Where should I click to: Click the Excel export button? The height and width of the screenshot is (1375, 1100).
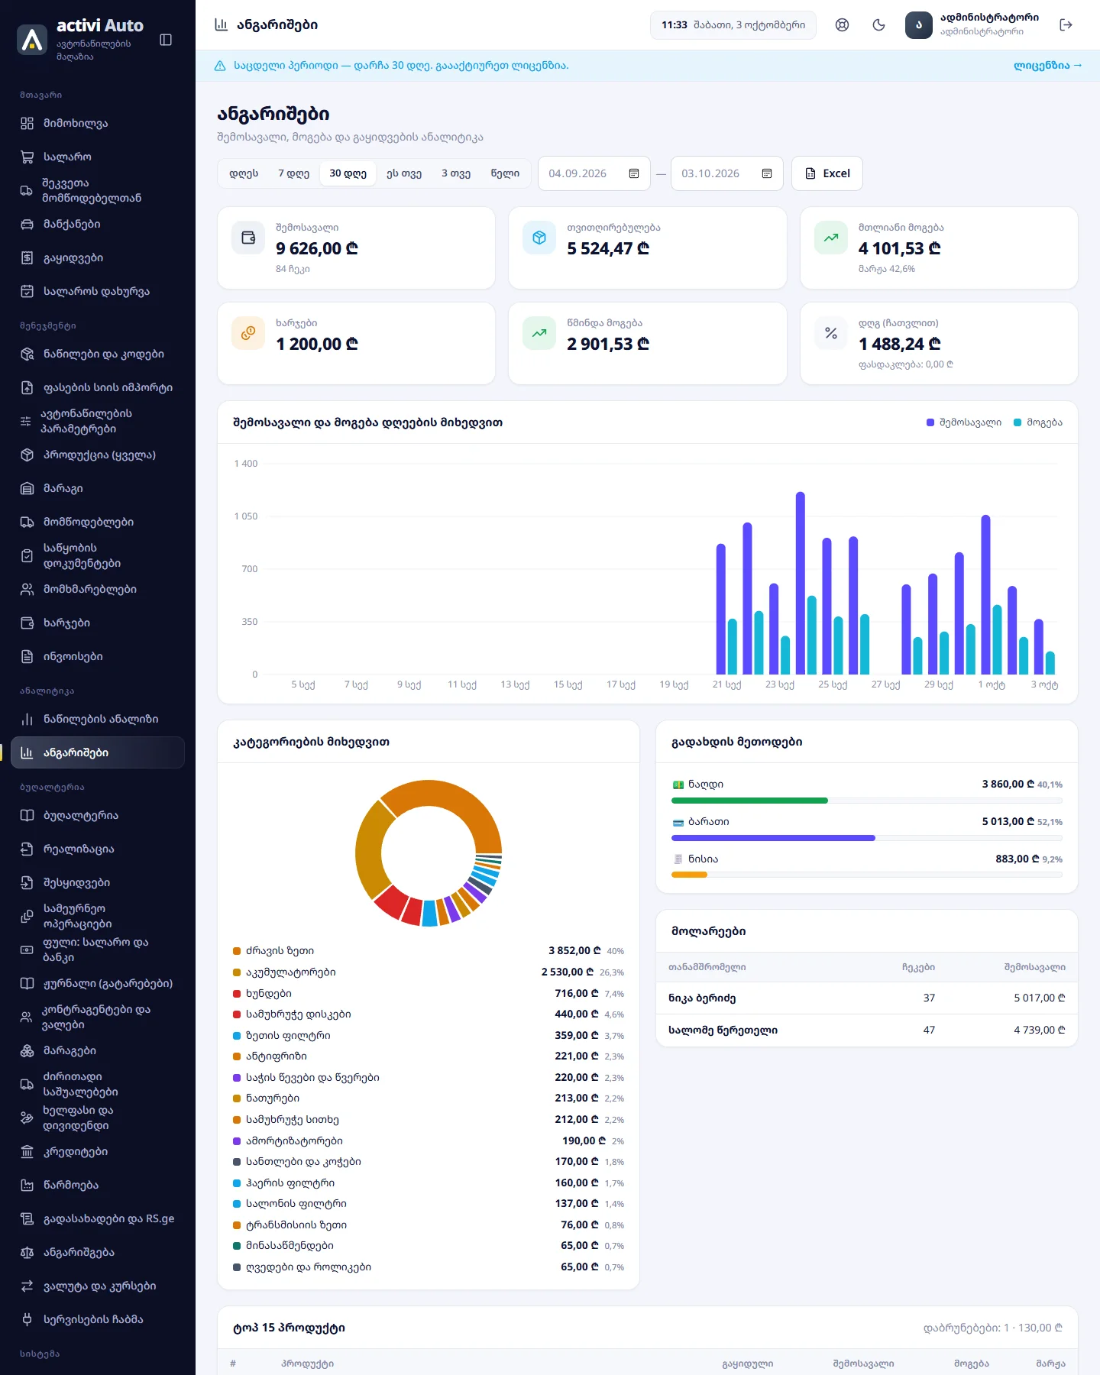click(x=827, y=173)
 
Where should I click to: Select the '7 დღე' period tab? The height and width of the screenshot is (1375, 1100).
click(x=293, y=173)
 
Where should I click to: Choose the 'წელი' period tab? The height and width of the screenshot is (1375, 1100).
click(x=505, y=173)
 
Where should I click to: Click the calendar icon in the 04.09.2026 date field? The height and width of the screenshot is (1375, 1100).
click(x=634, y=173)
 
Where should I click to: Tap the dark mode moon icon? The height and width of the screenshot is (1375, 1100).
click(x=878, y=25)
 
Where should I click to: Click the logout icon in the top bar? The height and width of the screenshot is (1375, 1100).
click(x=1066, y=25)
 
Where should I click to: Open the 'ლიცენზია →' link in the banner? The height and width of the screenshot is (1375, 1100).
click(x=1047, y=66)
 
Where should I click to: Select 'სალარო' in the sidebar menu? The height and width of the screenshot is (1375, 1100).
click(x=67, y=157)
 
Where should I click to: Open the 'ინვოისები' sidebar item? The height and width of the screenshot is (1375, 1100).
click(x=73, y=656)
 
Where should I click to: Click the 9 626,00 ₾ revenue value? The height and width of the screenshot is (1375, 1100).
click(x=317, y=248)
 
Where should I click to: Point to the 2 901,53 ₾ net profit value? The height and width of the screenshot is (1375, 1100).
click(x=608, y=344)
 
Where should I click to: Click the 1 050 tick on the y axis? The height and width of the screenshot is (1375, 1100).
click(x=246, y=516)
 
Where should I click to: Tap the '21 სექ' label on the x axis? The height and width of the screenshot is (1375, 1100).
click(x=726, y=684)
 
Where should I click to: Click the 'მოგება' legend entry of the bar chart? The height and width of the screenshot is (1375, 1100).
click(x=1038, y=422)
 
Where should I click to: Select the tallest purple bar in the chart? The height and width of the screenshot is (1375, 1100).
click(x=801, y=583)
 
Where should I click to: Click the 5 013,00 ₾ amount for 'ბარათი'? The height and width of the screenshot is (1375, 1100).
click(x=1008, y=821)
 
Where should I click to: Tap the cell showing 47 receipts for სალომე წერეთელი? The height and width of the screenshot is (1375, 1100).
click(x=929, y=1030)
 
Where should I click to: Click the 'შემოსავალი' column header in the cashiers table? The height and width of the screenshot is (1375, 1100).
click(x=1034, y=967)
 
